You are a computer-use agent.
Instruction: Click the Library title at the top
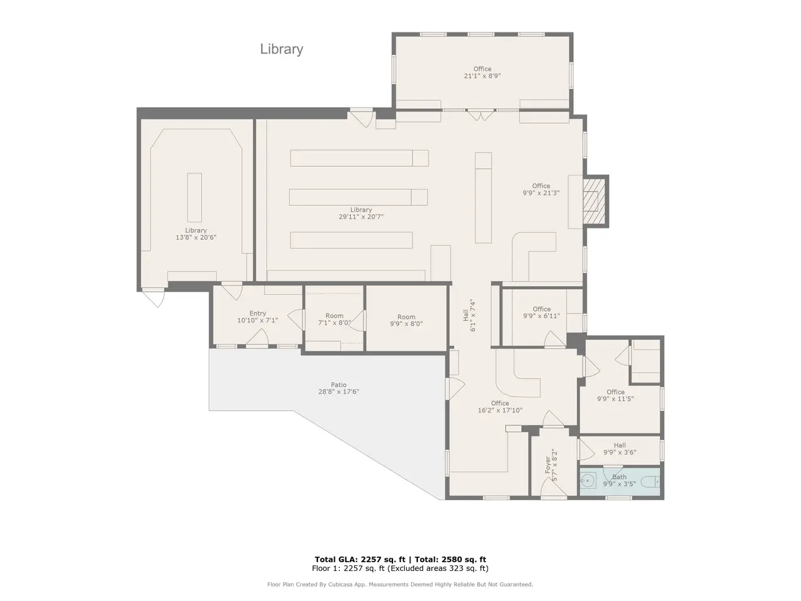tap(282, 49)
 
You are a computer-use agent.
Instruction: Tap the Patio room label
tap(339, 384)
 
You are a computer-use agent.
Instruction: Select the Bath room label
tap(620, 476)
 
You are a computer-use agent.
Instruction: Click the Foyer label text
tap(548, 465)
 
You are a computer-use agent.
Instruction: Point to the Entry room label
tap(258, 313)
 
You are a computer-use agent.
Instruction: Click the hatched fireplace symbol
tap(593, 201)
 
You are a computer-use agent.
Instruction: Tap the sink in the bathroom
tap(588, 481)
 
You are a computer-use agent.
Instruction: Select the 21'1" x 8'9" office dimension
tap(482, 76)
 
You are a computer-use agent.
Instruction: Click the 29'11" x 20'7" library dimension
tap(361, 217)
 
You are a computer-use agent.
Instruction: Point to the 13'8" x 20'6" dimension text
tap(196, 237)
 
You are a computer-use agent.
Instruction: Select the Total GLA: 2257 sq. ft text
tap(360, 560)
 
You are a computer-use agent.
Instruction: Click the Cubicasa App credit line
tap(400, 584)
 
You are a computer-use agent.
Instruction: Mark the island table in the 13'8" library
tap(195, 197)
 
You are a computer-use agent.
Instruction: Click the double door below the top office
tap(481, 115)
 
